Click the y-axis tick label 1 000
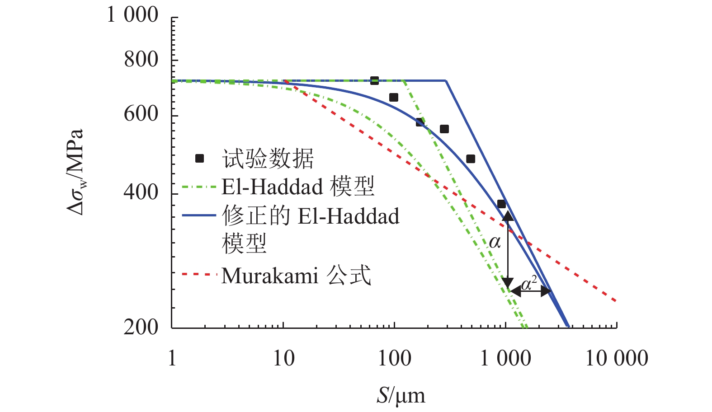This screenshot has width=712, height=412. coord(132,15)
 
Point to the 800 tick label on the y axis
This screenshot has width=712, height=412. coord(141,59)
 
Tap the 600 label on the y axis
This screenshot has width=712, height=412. coord(141,114)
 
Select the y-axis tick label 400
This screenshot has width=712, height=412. coord(141,193)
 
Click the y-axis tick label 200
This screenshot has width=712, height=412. coord(141,327)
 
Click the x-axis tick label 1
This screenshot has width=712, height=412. coord(172,359)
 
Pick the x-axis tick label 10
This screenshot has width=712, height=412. coord(284,359)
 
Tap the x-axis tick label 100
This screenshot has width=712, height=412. coord(395,359)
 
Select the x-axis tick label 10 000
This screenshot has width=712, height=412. coord(617,359)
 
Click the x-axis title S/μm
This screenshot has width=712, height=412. coord(401,396)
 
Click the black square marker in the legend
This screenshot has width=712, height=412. coord(199,158)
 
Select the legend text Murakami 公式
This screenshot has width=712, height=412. coord(296,276)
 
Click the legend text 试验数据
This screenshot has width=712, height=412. coord(268,159)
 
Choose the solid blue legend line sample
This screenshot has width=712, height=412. coord(199,215)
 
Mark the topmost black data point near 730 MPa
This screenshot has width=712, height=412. coord(374,80)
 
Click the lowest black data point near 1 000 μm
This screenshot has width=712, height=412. coord(501,204)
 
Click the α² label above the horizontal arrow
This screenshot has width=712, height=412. coord(529,284)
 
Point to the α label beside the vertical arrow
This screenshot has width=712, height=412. coord(495,243)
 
